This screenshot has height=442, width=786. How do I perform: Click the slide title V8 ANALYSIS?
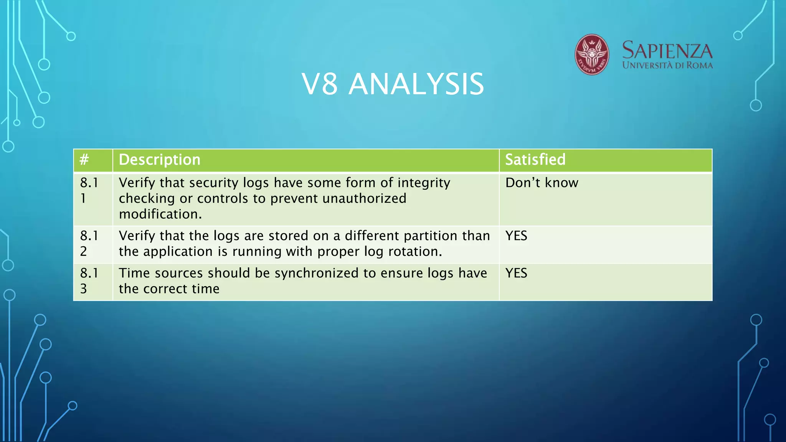pos(393,84)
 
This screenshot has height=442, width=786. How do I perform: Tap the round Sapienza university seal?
pos(591,54)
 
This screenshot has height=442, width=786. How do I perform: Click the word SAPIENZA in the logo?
pos(667,51)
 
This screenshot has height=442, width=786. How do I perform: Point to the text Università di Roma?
pos(667,65)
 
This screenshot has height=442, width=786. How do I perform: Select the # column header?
pos(84,160)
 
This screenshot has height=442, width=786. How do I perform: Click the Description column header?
pos(160,160)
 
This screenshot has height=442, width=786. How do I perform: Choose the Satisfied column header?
pos(535,160)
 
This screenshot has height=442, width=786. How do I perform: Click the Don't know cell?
pos(542,183)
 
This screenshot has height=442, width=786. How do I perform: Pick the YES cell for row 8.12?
pos(516,236)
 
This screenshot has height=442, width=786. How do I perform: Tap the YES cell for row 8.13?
pos(516,273)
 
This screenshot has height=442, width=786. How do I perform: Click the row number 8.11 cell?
pos(89,190)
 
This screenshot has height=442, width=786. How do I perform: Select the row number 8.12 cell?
pos(89,243)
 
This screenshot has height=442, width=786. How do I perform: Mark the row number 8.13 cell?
pos(89,281)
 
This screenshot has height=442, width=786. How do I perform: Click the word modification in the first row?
pos(160,214)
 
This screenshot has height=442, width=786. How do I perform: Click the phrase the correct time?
pos(169,289)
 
